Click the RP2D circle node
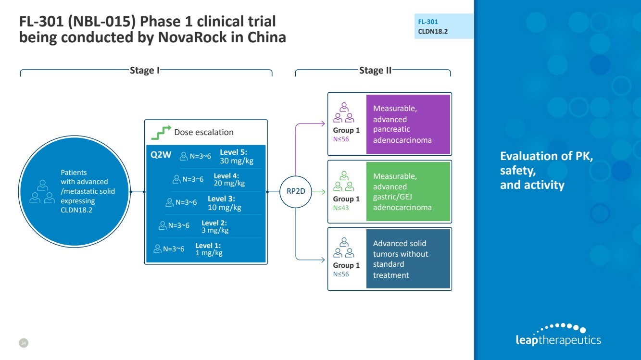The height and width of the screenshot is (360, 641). coord(296,192)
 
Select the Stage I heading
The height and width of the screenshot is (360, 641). coord(145,71)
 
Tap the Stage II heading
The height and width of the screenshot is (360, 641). coord(375,71)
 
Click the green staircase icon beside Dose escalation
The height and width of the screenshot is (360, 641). coord(161,131)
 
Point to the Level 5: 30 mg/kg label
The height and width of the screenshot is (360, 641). coord(233,157)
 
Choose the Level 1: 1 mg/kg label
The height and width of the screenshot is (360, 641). coord(209,249)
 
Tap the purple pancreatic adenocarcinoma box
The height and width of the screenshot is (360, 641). coord(408,124)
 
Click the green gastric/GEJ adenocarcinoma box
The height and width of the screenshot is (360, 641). coord(408,191)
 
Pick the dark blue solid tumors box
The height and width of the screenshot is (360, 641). coord(408,259)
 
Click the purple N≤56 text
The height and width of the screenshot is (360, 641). coord(341,139)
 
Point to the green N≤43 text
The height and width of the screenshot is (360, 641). coord(341,208)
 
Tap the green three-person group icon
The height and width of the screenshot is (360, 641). coord(344,182)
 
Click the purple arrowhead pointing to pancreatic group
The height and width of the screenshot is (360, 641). coord(323,124)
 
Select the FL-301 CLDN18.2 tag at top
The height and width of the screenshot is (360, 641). coord(443,26)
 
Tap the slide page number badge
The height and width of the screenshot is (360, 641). coord(24,343)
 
